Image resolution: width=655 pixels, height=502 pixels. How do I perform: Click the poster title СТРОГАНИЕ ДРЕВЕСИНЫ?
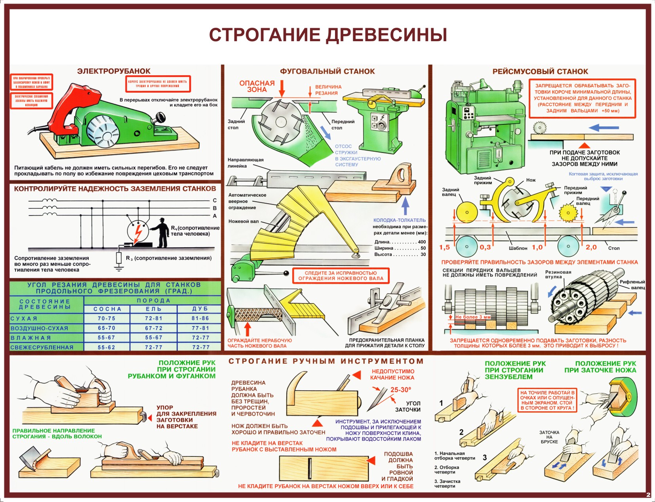coord(328,35)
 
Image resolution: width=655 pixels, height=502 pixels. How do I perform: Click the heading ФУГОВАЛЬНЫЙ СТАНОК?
coord(327,71)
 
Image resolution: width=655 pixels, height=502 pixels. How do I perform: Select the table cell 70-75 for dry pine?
coord(107,318)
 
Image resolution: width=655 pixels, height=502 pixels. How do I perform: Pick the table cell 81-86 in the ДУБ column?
coord(200,318)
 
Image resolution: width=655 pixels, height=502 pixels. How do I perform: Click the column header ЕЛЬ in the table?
coord(154,309)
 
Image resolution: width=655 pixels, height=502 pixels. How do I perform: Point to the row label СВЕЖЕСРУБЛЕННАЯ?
coord(42,347)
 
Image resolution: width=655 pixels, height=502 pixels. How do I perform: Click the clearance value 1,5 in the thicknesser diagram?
coord(444,247)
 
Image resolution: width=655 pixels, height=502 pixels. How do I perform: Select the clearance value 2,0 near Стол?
coord(591,247)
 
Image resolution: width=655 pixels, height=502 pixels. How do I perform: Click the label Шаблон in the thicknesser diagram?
coord(518,248)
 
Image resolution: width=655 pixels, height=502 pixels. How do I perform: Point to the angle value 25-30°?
coord(401,390)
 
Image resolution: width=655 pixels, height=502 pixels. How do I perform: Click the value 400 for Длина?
coord(422,242)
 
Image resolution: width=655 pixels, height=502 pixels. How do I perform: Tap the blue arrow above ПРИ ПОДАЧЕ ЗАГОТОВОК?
coord(604,128)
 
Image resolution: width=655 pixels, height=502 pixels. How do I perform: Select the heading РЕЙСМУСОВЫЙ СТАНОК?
coord(540,71)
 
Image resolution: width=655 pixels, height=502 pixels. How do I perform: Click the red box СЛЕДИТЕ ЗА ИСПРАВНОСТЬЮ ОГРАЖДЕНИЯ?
coord(341,276)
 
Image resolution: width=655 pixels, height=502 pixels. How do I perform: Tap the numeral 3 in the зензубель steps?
coord(485,458)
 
